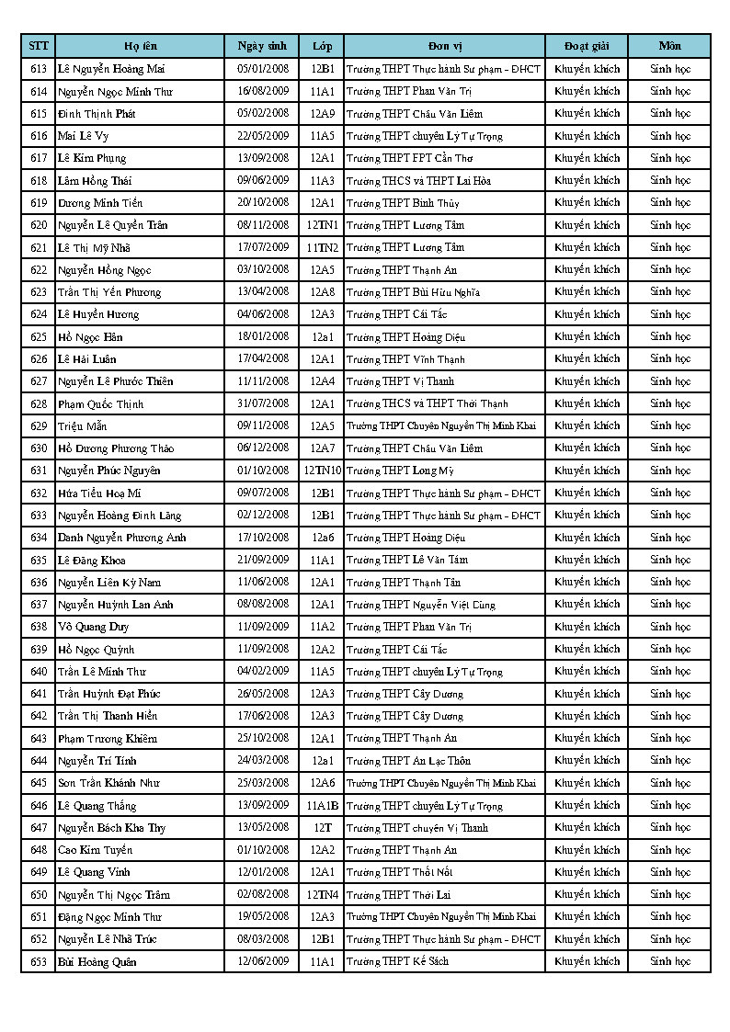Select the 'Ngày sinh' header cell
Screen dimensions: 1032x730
coord(262,46)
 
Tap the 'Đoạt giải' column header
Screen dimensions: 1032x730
coord(587,46)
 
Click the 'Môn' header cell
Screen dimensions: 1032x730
coord(669,46)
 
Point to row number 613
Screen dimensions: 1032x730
coord(39,69)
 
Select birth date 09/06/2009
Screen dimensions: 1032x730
coord(263,180)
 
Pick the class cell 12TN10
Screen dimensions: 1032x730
coord(322,471)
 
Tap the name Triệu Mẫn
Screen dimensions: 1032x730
coord(81,426)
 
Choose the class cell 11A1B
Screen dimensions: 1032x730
coord(322,806)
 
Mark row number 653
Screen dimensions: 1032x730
coord(39,961)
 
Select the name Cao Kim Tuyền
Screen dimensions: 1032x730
coord(95,850)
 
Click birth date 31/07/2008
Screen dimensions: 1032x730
coord(263,403)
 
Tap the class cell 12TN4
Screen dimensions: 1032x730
coord(322,894)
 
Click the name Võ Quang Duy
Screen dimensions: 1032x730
coord(93,627)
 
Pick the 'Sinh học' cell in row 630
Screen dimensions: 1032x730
coord(669,448)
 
